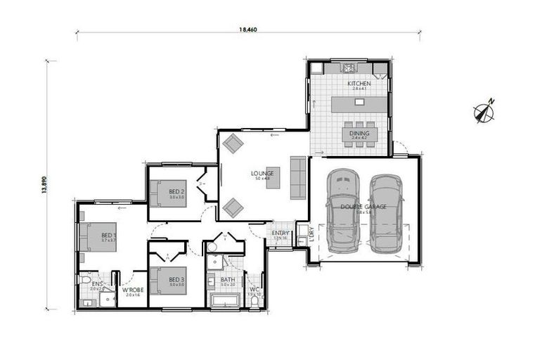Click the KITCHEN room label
coord(359,84)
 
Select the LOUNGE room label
coord(262,173)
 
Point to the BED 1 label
coord(108,235)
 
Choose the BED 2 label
coord(176,191)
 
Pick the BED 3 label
coord(176,280)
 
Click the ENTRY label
coord(281,233)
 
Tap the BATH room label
coord(227,279)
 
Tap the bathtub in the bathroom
coord(228,302)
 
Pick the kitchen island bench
coord(359,103)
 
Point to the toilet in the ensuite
coord(85,281)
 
